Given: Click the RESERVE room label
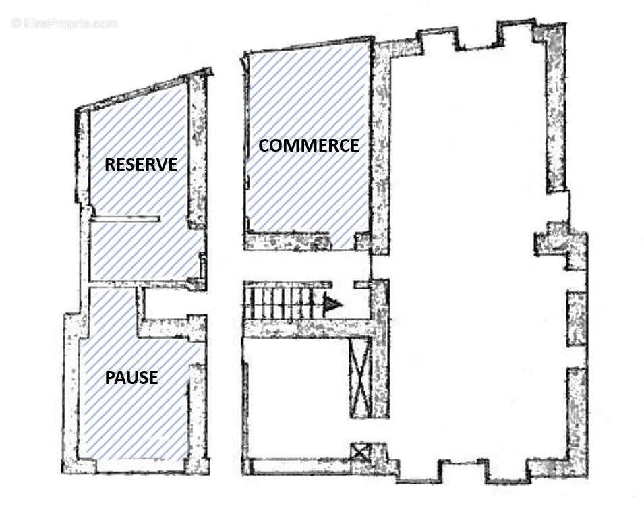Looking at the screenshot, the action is click(x=141, y=165).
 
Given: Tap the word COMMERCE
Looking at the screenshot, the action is click(x=309, y=146).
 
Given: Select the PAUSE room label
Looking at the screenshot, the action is click(x=131, y=377).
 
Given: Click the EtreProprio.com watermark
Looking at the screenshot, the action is click(x=65, y=24).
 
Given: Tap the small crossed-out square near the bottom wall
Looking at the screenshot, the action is click(x=361, y=453).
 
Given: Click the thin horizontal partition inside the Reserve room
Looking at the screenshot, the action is click(x=125, y=219).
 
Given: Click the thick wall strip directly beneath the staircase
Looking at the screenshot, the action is click(x=310, y=328).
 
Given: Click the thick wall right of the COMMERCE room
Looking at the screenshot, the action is click(x=380, y=148).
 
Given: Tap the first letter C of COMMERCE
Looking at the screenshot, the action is click(x=264, y=146).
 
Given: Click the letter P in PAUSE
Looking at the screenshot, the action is click(x=110, y=377).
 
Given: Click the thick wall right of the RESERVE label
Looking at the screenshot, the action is click(x=198, y=151).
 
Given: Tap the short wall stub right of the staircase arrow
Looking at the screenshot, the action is click(x=362, y=284).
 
